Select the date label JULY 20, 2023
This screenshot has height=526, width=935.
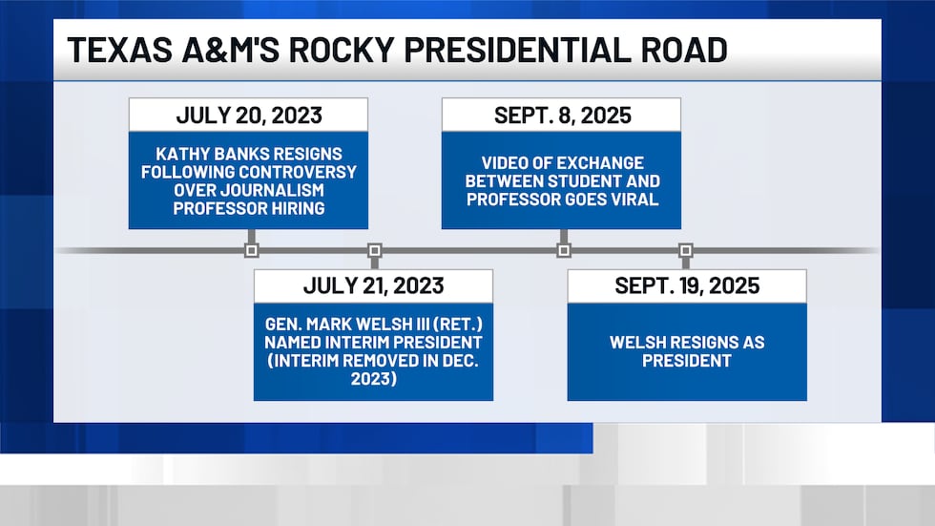[248, 116]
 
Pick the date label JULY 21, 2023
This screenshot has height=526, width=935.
[373, 285]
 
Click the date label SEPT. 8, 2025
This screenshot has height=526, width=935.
[561, 116]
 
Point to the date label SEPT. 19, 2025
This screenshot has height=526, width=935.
[687, 285]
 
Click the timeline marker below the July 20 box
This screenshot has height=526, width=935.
[251, 251]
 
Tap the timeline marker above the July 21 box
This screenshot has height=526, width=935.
[374, 251]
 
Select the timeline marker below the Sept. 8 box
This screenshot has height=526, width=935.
[563, 251]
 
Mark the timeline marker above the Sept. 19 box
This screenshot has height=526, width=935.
[685, 251]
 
